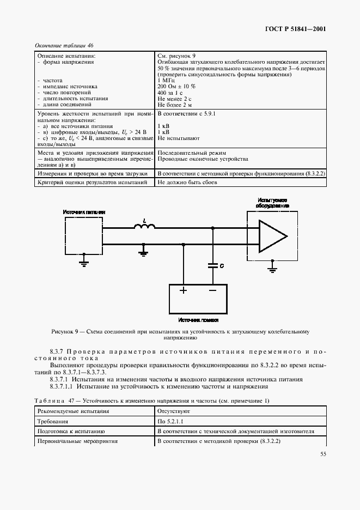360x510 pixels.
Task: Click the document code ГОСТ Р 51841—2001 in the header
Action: click(296, 29)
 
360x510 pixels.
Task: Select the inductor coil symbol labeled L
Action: click(144, 227)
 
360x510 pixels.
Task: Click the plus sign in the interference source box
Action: click(184, 290)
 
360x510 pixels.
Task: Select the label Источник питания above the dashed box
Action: click(84, 211)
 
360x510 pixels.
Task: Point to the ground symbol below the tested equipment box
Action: click(272, 267)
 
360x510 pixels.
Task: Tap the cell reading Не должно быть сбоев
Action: click(187, 182)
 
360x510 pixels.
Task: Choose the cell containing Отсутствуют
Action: click(174, 411)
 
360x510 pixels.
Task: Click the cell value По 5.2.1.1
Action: click(170, 421)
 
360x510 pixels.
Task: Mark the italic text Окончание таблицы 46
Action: click(64, 46)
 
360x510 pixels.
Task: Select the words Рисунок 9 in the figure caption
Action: click(66, 331)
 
